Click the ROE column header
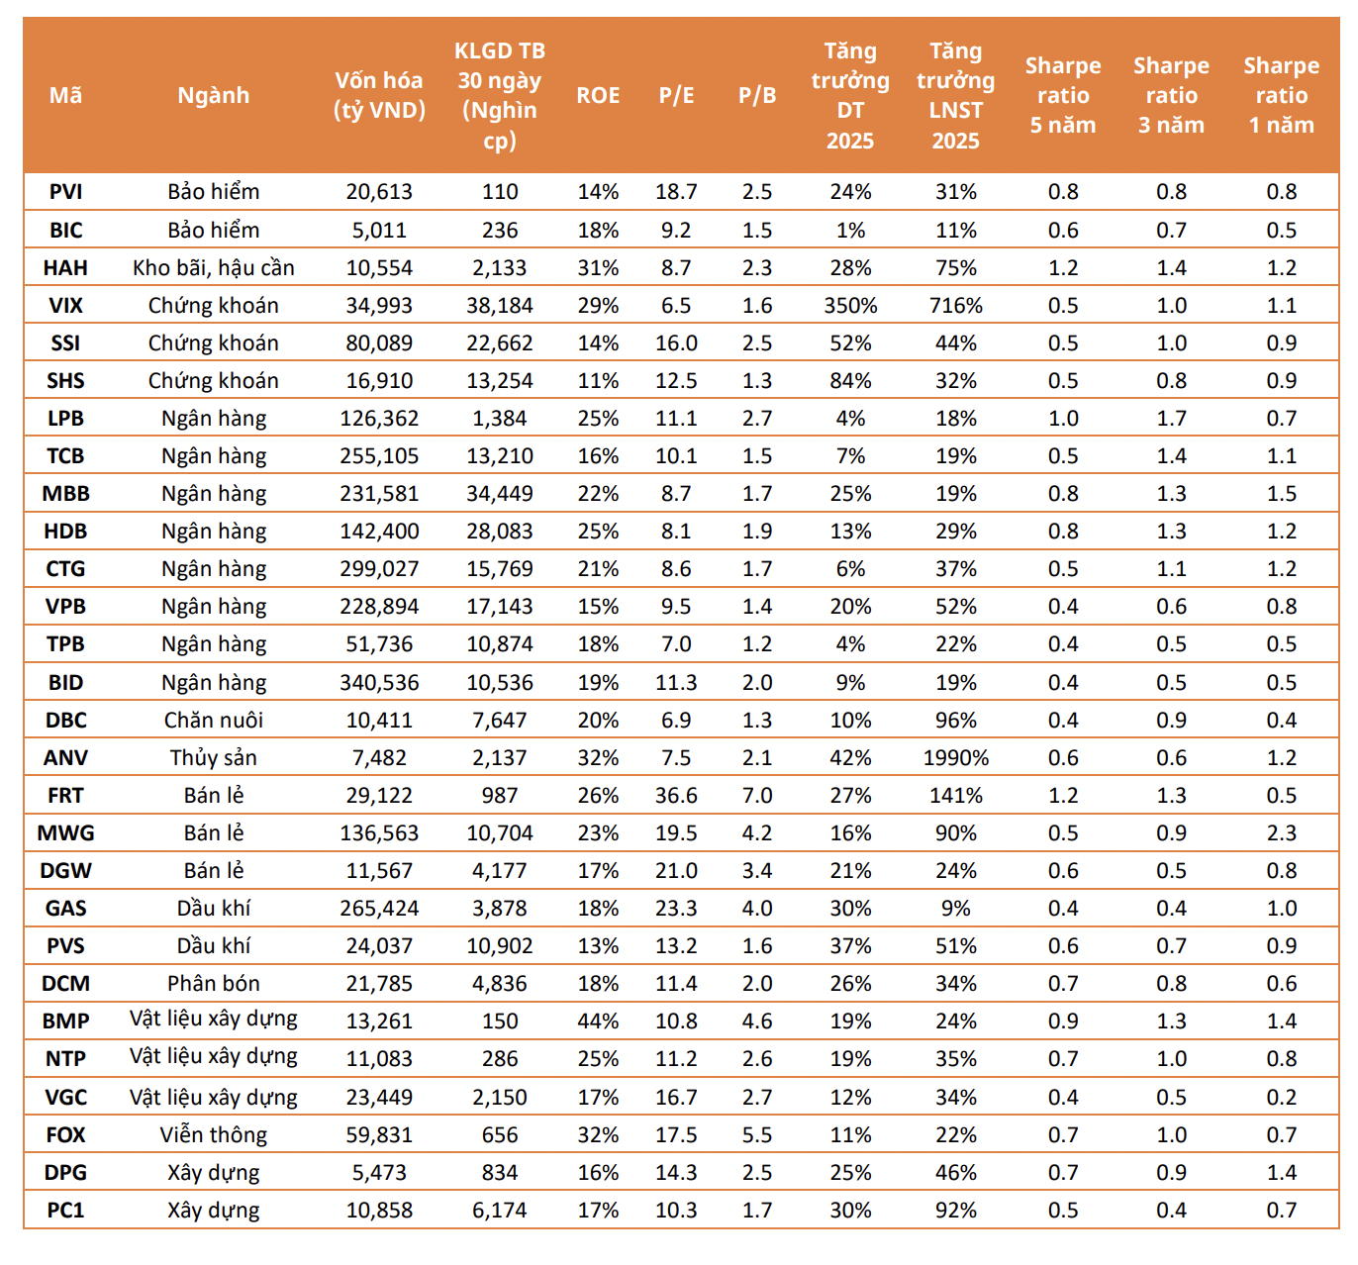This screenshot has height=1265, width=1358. [x=598, y=95]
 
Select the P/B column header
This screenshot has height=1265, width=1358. [x=757, y=95]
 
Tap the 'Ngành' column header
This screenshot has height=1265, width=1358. [x=214, y=95]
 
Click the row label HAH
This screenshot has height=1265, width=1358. [x=65, y=267]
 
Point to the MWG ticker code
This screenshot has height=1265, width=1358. [x=65, y=832]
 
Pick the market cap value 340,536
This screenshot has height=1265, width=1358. [x=379, y=682]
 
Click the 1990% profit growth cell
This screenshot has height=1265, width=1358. [x=955, y=757]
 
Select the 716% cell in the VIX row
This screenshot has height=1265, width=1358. [x=955, y=305]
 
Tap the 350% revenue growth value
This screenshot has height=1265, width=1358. [x=850, y=305]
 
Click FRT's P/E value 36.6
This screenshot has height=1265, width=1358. [x=676, y=795]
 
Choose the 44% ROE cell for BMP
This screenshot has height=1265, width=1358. [x=598, y=1021]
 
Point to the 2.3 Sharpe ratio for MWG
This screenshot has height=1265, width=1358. [x=1281, y=832]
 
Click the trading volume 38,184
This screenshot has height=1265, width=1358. [x=499, y=305]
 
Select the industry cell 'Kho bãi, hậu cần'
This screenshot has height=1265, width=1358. [x=214, y=267]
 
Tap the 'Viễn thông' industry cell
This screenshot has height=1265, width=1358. [x=214, y=1134]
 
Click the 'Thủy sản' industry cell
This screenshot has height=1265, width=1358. [x=214, y=757]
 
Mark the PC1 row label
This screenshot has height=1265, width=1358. [x=65, y=1210]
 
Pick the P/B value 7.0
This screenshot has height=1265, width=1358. [x=757, y=795]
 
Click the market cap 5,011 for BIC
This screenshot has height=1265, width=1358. [x=379, y=230]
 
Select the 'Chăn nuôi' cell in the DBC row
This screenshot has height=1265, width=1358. [x=214, y=720]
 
